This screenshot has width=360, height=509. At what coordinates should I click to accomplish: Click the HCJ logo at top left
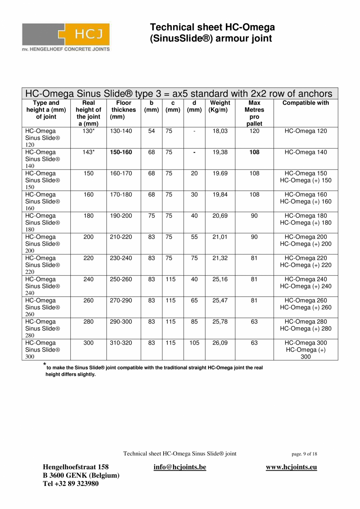tap(66, 36)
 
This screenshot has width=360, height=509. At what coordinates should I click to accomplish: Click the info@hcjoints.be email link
tap(180, 467)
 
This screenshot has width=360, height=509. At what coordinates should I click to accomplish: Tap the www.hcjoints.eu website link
tap(292, 467)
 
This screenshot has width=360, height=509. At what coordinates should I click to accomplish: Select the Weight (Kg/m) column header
tap(220, 106)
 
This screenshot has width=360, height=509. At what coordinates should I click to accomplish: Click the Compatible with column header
tap(306, 103)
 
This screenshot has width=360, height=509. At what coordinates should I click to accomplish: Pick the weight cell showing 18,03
tap(220, 131)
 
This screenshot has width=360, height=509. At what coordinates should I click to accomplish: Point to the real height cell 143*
tap(88, 152)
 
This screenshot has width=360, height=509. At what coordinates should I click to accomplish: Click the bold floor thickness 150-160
tap(121, 152)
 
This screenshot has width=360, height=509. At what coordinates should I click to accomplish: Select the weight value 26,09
tap(220, 343)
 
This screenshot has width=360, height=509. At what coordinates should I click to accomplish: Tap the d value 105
tap(194, 343)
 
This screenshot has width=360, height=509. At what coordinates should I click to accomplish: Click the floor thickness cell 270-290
tap(121, 300)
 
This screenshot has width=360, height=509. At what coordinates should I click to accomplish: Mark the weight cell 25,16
tap(220, 279)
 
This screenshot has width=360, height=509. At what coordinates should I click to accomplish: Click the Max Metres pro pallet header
tap(254, 113)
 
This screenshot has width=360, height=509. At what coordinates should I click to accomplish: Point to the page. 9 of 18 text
tap(304, 454)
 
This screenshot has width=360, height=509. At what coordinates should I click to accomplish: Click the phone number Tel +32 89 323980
tap(71, 484)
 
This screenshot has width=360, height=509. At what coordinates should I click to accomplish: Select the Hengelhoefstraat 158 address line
tap(76, 467)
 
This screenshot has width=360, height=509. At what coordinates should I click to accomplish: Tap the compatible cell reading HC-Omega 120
tap(306, 131)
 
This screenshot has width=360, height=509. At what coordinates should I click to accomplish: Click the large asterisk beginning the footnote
tap(44, 365)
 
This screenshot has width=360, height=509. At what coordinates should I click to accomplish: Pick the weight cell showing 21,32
tap(220, 258)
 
